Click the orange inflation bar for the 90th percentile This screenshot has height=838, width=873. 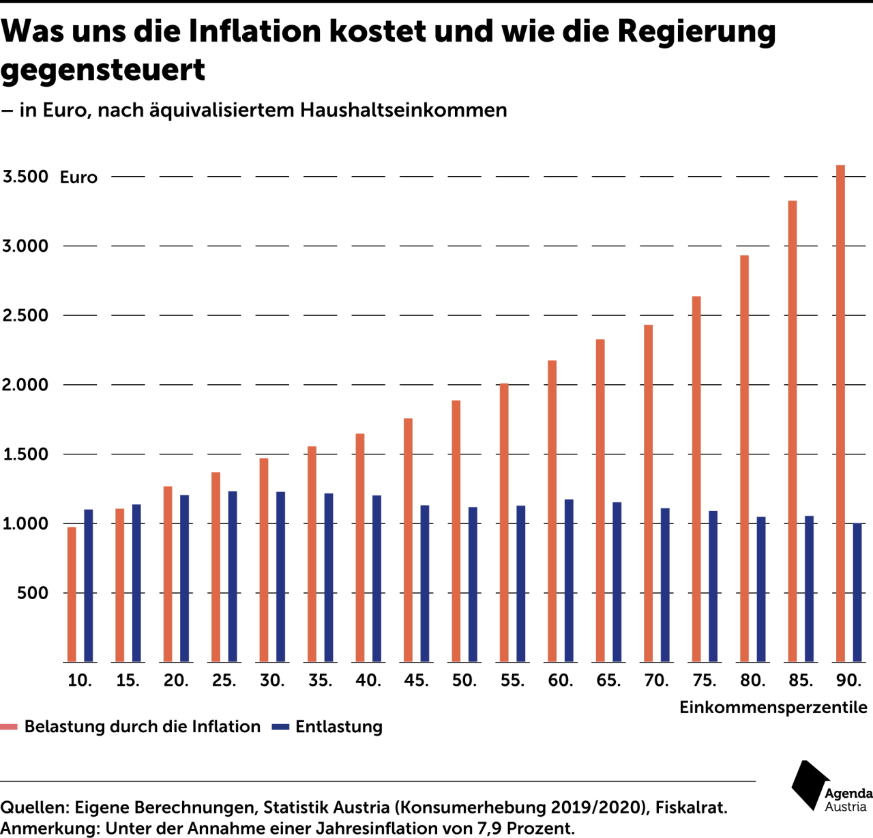click(840, 414)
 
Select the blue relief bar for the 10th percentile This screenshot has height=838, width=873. click(89, 586)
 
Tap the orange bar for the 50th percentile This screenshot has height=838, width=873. click(456, 531)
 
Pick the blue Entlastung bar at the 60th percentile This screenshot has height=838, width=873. click(569, 581)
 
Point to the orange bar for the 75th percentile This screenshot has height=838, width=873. click(696, 479)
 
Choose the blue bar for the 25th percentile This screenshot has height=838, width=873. click(233, 577)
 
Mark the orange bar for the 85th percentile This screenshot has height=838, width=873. click(793, 431)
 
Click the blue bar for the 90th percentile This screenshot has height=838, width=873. click(857, 592)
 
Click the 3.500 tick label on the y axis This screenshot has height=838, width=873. click(26, 177)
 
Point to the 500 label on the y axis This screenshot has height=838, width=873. click(33, 593)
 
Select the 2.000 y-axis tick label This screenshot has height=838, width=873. click(26, 385)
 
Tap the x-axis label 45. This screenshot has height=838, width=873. click(416, 680)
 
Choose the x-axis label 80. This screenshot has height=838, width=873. click(753, 680)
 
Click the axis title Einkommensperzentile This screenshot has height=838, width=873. click(773, 708)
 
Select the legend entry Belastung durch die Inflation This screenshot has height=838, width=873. click(142, 727)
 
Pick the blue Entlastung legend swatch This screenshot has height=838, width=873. click(280, 727)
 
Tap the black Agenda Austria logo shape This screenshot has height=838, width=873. click(810, 785)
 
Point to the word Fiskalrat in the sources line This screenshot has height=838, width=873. click(691, 807)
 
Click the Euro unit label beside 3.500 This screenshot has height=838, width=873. click(78, 177)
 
